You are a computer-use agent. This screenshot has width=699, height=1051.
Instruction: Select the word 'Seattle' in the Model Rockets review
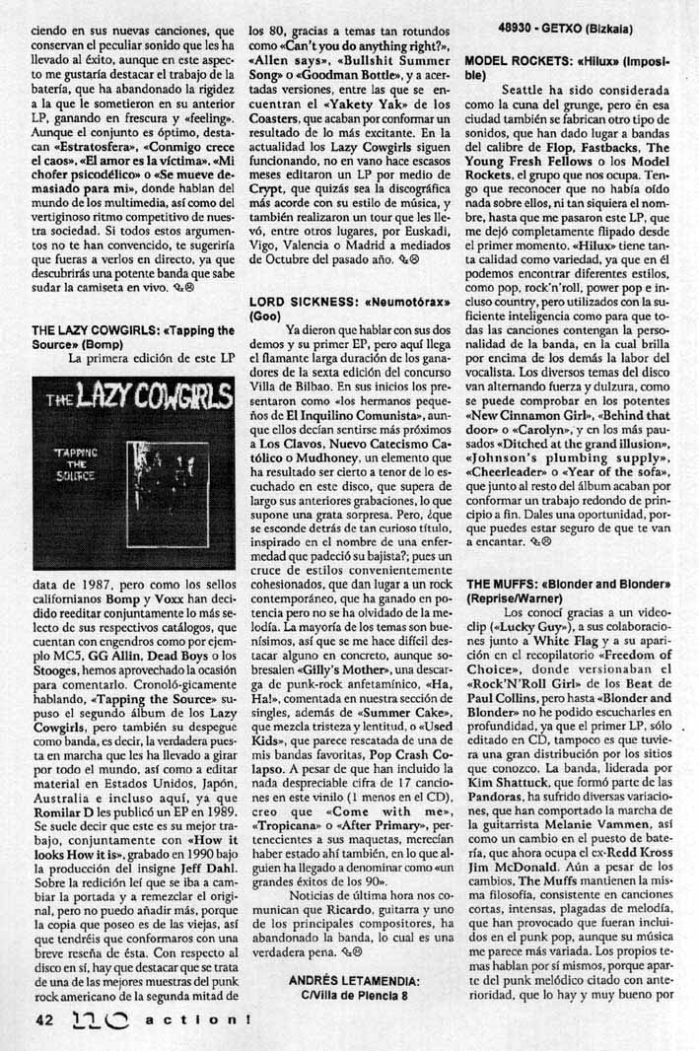click(x=525, y=89)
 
